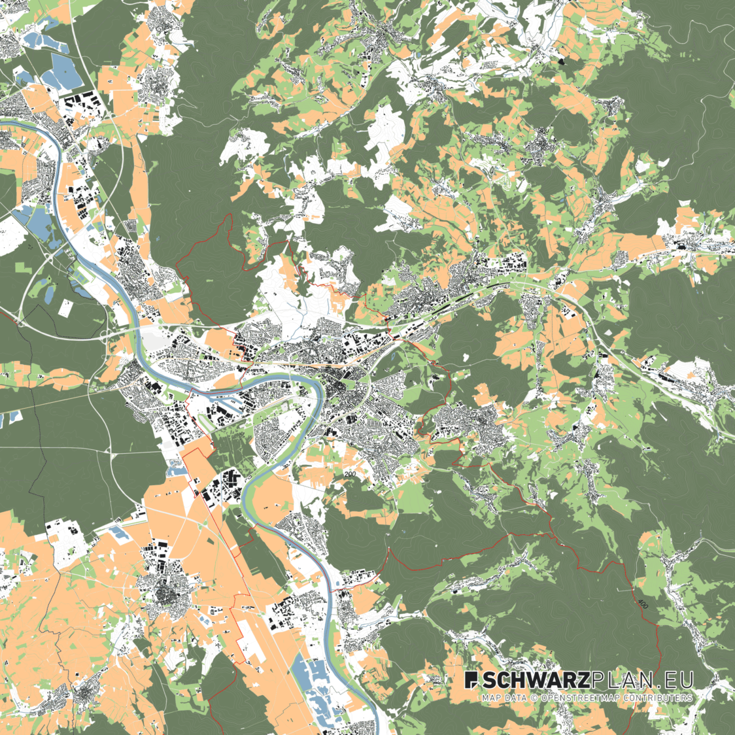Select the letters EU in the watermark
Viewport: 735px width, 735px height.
tap(677, 680)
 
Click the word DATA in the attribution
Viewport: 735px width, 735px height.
tap(516, 698)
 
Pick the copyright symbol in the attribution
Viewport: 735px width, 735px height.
tap(534, 698)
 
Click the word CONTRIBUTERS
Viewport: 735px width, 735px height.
tap(655, 698)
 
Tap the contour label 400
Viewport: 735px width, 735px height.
tap(643, 602)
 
